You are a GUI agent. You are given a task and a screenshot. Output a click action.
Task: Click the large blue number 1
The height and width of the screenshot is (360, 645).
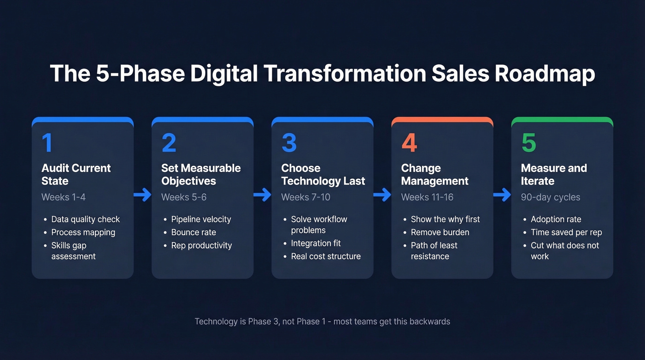click(47, 143)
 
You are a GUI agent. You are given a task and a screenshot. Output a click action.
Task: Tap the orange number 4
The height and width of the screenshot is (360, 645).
click(409, 143)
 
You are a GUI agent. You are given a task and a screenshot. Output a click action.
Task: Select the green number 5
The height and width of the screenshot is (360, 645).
click(529, 143)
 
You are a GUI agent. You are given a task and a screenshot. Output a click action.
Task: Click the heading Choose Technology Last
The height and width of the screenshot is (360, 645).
click(323, 175)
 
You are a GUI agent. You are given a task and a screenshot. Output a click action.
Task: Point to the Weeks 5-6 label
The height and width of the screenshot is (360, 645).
click(184, 197)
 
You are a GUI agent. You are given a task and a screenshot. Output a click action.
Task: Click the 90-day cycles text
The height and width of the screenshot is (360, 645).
click(551, 197)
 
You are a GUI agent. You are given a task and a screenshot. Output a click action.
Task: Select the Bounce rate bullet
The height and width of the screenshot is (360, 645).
click(193, 232)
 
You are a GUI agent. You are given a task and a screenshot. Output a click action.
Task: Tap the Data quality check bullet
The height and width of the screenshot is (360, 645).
click(85, 219)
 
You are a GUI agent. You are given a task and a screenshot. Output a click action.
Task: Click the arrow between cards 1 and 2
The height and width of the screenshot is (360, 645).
click(143, 195)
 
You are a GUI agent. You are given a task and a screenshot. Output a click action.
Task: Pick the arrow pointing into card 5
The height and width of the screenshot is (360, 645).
click(502, 195)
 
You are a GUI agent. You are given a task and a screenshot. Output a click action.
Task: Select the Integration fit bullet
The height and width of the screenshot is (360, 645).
click(316, 243)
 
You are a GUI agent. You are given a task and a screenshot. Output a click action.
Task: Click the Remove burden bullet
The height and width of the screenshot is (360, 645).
click(440, 232)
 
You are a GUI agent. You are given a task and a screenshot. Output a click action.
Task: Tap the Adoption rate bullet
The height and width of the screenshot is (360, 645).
click(556, 219)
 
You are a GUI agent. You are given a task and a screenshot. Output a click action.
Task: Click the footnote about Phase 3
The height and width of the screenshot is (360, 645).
click(322, 322)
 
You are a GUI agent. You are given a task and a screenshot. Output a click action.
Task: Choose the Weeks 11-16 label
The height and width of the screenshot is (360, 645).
click(427, 197)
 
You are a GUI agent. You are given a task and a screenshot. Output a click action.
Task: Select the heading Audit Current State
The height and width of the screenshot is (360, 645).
click(76, 175)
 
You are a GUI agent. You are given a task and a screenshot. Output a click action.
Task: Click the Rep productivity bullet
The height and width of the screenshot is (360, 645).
click(201, 246)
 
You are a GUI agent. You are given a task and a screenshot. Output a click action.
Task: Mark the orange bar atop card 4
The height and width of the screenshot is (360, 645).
click(442, 120)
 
